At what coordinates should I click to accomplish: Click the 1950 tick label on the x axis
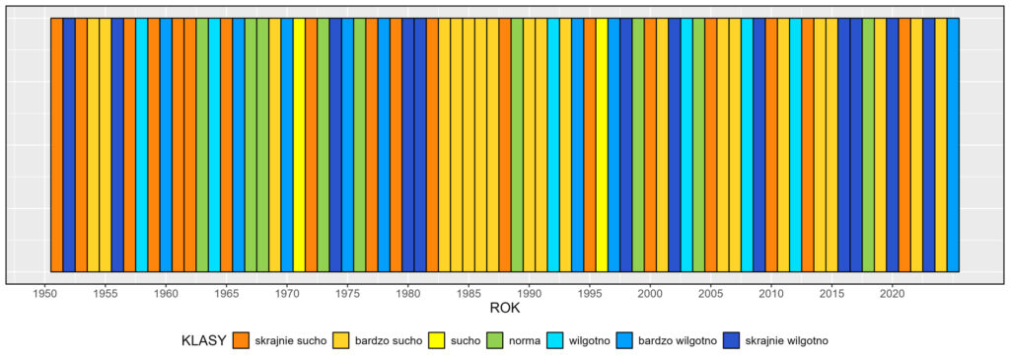coord(44,293)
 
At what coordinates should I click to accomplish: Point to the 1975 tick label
coord(347,293)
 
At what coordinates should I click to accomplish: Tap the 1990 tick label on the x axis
coord(529,293)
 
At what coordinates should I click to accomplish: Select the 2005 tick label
coord(710,293)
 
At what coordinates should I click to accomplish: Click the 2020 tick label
coord(892,293)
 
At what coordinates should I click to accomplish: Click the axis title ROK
coord(504,310)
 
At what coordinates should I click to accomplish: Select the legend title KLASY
coord(203,340)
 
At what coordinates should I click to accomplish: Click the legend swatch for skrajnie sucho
coord(242,340)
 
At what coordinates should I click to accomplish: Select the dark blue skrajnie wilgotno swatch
coord(736,340)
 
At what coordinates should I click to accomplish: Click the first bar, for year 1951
coord(56,144)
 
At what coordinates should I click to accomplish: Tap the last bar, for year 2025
coord(953,144)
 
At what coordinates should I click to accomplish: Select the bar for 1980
coord(407,144)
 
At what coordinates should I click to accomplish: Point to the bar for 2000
coord(650,144)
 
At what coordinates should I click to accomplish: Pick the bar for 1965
coord(226,144)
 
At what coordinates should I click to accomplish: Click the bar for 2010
coord(771,144)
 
